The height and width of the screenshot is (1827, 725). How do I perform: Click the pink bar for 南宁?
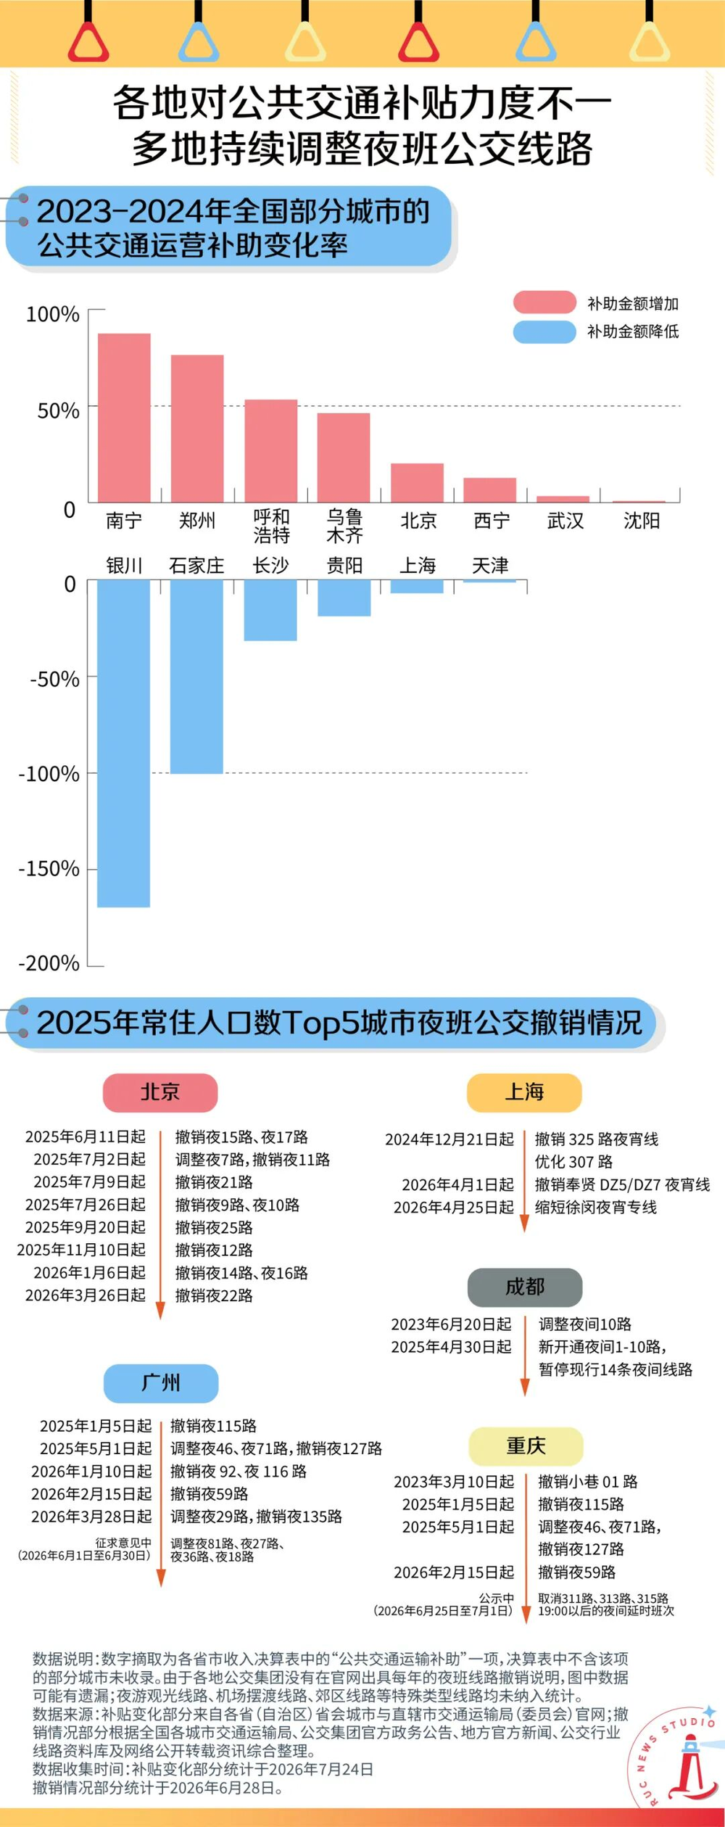click(124, 418)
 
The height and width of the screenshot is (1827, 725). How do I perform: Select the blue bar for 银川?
click(124, 743)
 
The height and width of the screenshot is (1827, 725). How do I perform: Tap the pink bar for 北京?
click(418, 483)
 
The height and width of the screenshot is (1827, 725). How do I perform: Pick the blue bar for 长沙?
click(270, 610)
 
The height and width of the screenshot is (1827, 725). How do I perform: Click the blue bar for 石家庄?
click(196, 677)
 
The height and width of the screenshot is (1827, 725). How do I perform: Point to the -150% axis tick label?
click(49, 868)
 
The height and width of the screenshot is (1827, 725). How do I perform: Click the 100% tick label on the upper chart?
click(52, 314)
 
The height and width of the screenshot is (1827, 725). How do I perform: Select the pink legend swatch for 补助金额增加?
click(544, 302)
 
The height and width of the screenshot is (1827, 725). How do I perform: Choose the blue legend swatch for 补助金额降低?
click(544, 331)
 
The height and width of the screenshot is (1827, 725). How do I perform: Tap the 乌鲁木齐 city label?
click(344, 526)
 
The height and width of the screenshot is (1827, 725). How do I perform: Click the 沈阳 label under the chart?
click(642, 521)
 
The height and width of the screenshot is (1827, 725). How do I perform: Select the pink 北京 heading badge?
click(160, 1092)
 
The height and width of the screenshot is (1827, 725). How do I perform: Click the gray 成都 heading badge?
click(525, 1287)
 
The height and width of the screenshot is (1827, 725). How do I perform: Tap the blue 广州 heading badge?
click(161, 1382)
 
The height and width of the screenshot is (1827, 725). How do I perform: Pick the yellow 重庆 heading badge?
click(526, 1446)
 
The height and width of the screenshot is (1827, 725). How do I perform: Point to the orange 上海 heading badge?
click(524, 1092)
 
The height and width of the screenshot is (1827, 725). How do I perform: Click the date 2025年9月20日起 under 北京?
click(86, 1227)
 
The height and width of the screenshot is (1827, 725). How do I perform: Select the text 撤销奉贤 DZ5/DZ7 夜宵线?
click(623, 1184)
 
